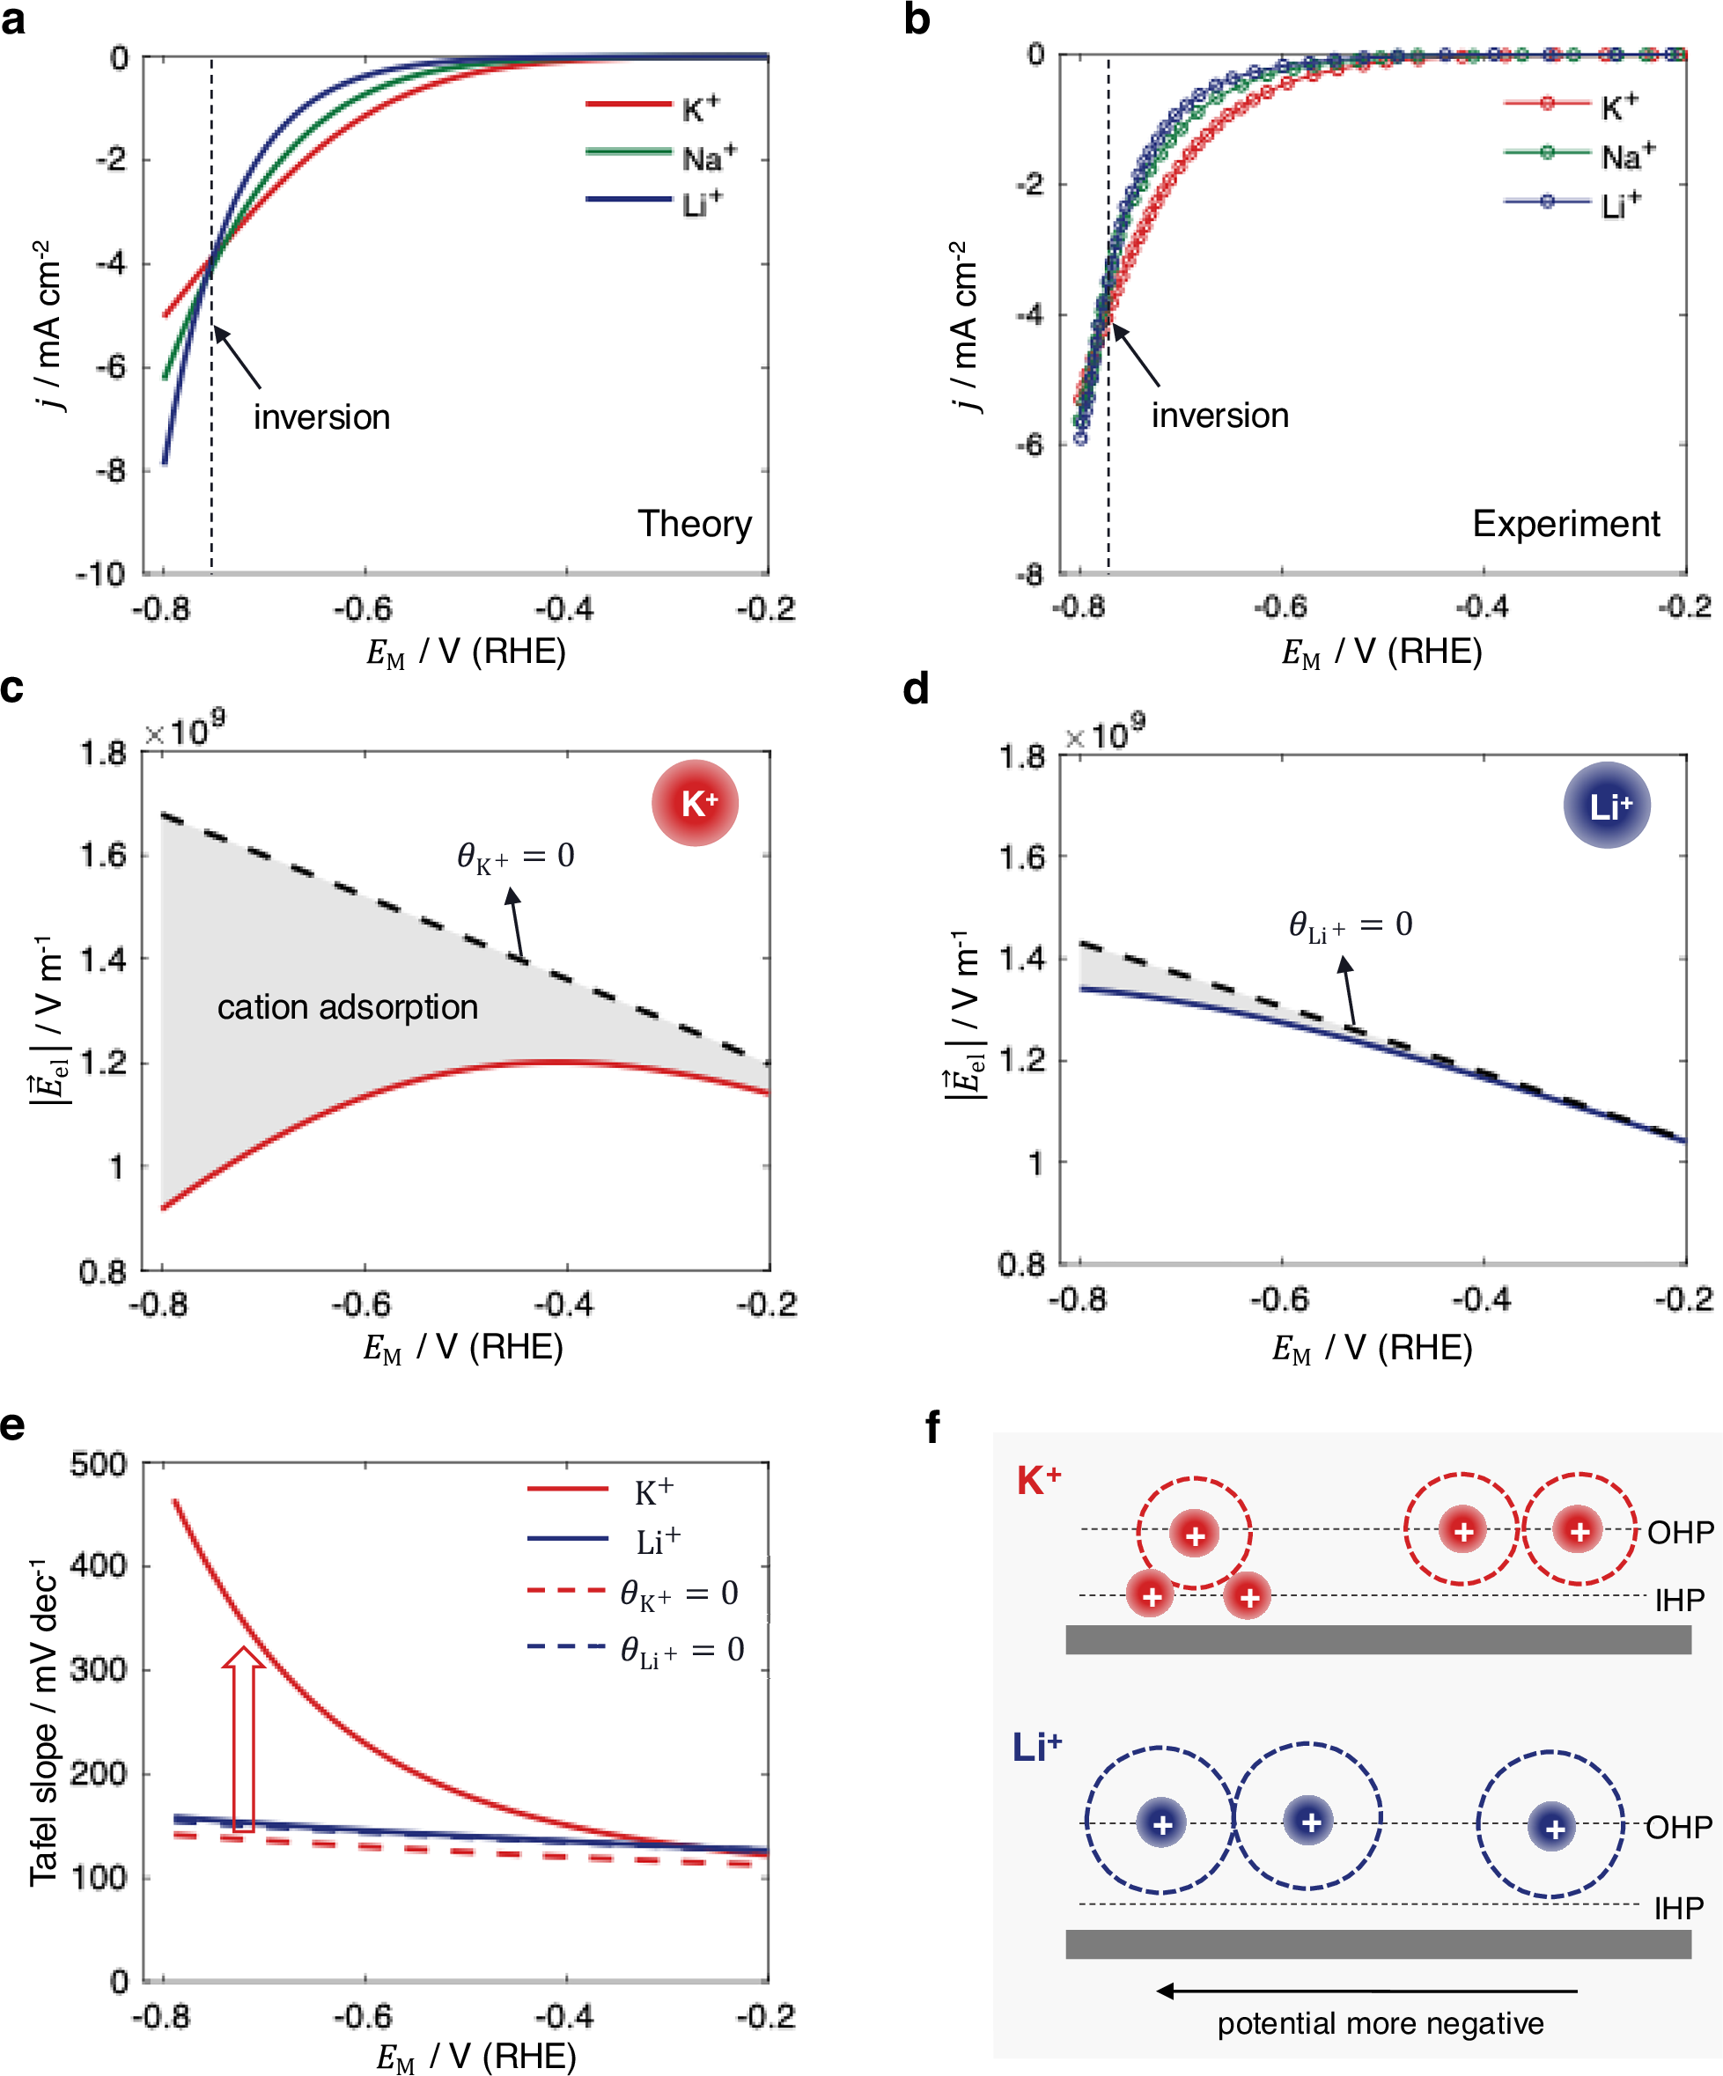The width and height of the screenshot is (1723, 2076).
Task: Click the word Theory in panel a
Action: point(694,523)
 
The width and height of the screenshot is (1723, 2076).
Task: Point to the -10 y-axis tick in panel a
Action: point(102,574)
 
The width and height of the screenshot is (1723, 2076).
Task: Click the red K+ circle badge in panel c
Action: point(695,803)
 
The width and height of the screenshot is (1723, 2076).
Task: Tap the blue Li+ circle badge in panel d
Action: point(1607,806)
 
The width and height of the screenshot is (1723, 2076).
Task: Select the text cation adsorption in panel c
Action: point(347,1006)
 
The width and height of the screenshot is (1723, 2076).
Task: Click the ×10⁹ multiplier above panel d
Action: point(1104,734)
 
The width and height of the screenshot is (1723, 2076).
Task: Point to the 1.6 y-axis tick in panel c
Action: point(104,855)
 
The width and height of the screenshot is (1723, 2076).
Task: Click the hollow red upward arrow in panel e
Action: point(242,1739)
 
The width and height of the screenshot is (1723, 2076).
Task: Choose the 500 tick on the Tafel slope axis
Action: point(98,1464)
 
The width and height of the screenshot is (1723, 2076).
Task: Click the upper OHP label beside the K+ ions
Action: point(1680,1532)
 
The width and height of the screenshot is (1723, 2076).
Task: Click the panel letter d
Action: point(916,689)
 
